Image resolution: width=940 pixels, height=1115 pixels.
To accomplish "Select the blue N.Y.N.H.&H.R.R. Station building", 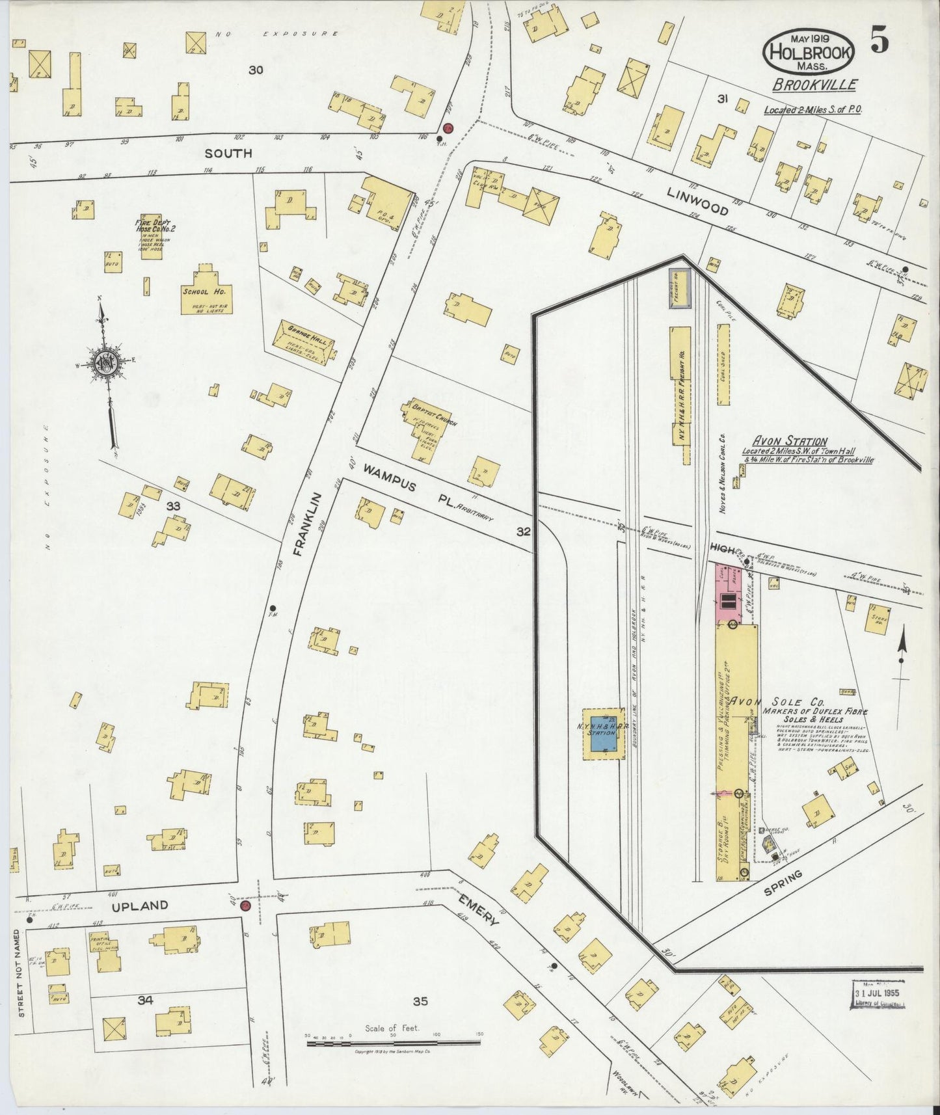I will click(601, 732).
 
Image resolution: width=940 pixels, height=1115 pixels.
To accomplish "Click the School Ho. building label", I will click(204, 291).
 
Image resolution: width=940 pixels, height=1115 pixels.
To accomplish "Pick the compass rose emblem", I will click(104, 362).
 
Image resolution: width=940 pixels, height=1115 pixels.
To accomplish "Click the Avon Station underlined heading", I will click(788, 441).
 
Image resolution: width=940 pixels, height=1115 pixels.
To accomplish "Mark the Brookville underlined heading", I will click(815, 85).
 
